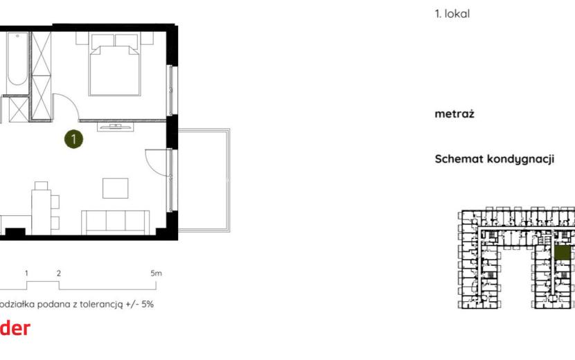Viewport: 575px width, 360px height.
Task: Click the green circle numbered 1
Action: (73, 139)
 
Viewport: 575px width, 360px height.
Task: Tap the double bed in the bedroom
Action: (114, 65)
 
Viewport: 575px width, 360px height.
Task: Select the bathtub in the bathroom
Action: (17, 59)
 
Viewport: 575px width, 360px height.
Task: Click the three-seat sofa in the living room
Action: (115, 222)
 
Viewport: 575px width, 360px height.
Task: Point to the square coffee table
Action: (116, 188)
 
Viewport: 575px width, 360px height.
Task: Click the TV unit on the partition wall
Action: (115, 127)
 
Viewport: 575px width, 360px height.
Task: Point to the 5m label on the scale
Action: (156, 273)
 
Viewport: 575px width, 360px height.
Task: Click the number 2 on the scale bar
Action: (59, 273)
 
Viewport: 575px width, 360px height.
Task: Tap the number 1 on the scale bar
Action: (26, 273)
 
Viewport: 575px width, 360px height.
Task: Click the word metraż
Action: (454, 114)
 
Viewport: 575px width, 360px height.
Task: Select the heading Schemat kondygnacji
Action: (495, 159)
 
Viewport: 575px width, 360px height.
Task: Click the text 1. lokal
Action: (452, 14)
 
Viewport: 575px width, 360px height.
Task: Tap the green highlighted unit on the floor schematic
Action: (563, 253)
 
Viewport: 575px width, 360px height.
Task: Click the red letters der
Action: (15, 328)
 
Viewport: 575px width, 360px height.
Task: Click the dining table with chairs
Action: (43, 208)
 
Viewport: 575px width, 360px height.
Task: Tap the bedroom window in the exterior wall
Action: (170, 91)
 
